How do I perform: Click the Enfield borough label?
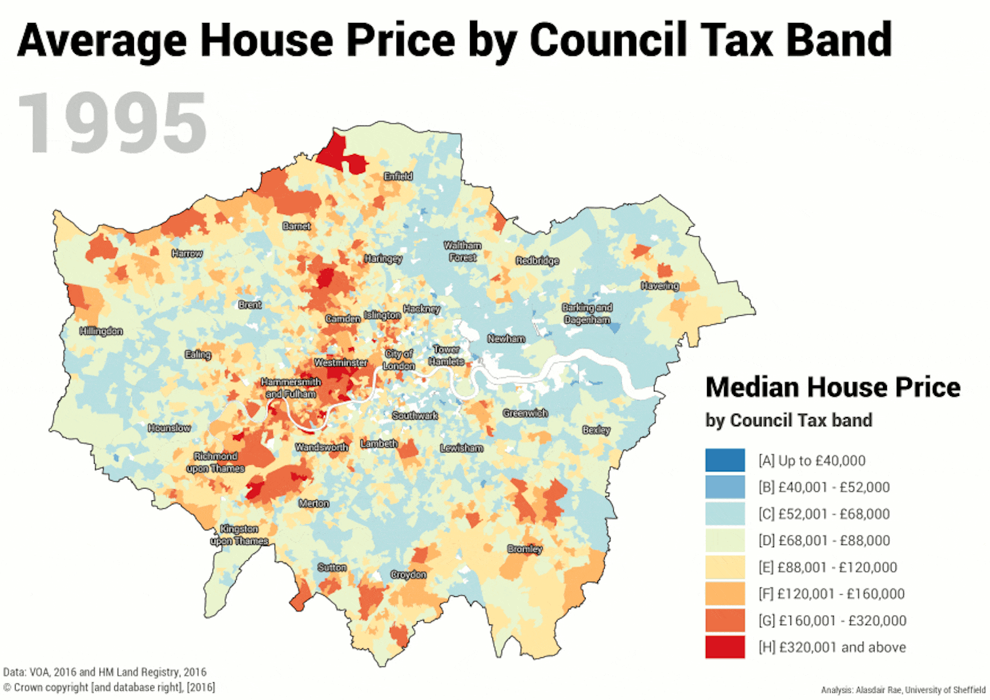pyautogui.click(x=398, y=176)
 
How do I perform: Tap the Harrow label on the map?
pyautogui.click(x=187, y=253)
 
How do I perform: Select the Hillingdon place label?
pyautogui.click(x=101, y=331)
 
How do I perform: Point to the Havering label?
pyautogui.click(x=660, y=286)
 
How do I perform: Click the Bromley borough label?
pyautogui.click(x=525, y=548)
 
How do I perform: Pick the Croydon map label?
pyautogui.click(x=408, y=575)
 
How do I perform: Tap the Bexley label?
pyautogui.click(x=596, y=430)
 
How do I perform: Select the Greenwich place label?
pyautogui.click(x=525, y=413)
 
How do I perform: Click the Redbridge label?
pyautogui.click(x=537, y=261)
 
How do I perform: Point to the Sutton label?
pyautogui.click(x=332, y=567)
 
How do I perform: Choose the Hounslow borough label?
pyautogui.click(x=169, y=428)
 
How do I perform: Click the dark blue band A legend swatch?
pyautogui.click(x=725, y=460)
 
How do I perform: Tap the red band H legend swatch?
pyautogui.click(x=725, y=647)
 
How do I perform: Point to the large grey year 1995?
pyautogui.click(x=112, y=123)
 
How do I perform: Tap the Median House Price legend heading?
pyautogui.click(x=832, y=387)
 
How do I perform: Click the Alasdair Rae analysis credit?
pyautogui.click(x=903, y=689)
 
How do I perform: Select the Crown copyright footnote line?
pyautogui.click(x=109, y=688)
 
